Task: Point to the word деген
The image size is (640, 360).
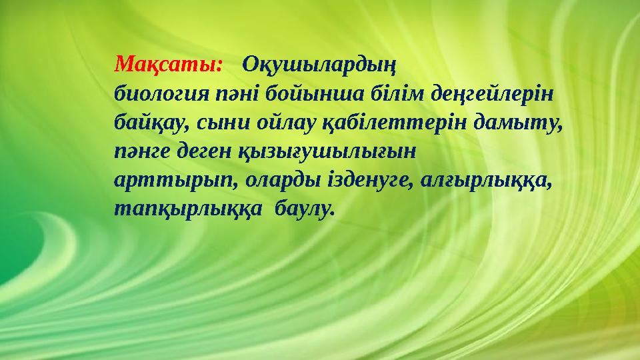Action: coord(202,152)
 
